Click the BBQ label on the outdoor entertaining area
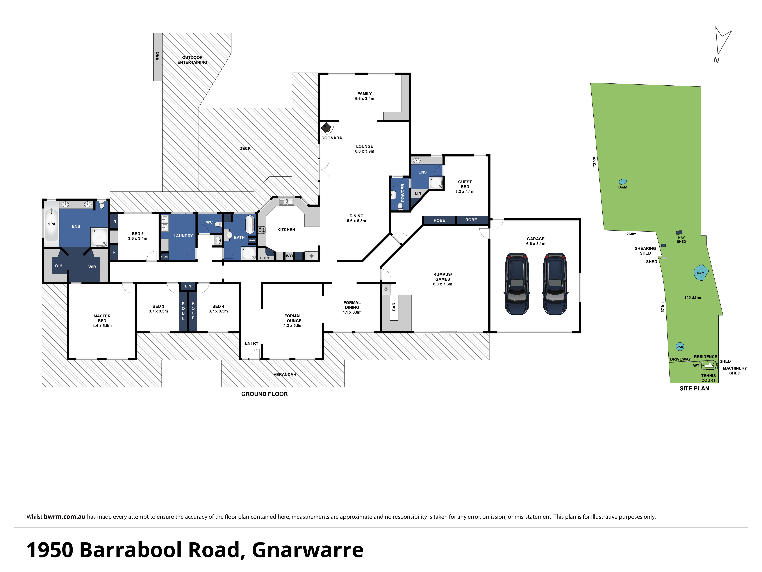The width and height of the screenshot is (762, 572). click(158, 56)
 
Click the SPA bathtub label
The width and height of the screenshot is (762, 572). click(51, 224)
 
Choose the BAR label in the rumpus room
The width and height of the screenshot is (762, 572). click(394, 307)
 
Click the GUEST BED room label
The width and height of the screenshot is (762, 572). click(465, 184)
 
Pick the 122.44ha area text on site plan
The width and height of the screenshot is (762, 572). click(692, 298)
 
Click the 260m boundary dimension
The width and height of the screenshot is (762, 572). click(631, 234)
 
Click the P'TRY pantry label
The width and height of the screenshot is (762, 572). click(265, 258)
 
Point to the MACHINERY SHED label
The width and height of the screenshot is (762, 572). click(735, 371)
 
